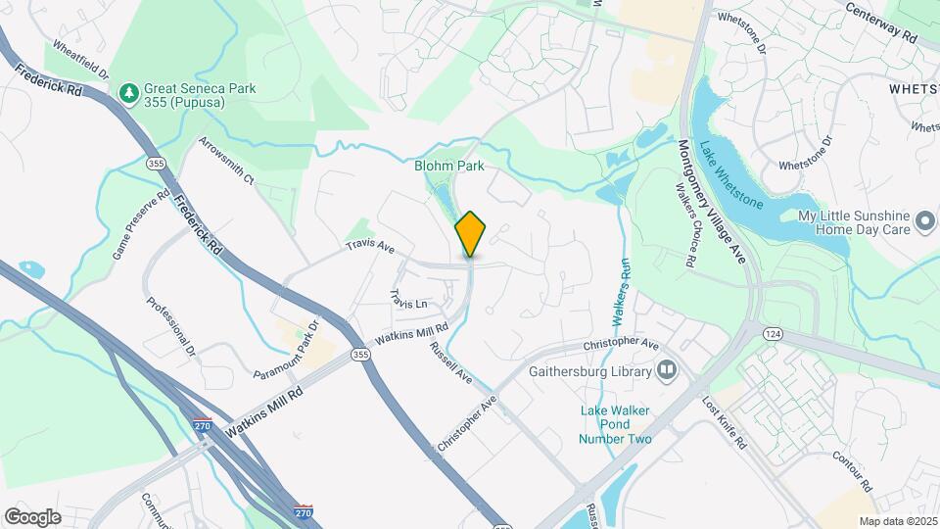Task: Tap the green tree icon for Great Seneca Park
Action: (127, 93)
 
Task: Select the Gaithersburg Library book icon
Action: (668, 371)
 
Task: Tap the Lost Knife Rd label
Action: (726, 422)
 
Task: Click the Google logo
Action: (32, 516)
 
